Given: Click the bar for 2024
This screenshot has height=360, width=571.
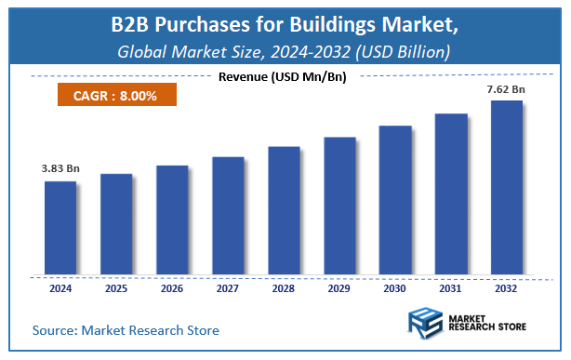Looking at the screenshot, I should (60, 228).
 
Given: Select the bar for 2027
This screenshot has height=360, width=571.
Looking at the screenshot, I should (228, 216).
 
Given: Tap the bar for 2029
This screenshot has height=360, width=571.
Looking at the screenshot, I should (339, 206).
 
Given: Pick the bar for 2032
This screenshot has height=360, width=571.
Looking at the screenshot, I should (506, 188).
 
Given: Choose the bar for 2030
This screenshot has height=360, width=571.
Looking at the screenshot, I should (394, 200).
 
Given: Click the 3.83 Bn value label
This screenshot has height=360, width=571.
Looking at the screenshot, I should (60, 168).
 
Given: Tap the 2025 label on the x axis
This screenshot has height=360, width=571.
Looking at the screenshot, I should (116, 289).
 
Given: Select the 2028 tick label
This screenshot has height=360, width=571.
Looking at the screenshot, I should (284, 289).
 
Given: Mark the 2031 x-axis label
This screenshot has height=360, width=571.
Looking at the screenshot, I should (450, 289).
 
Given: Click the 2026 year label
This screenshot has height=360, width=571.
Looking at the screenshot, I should (172, 289).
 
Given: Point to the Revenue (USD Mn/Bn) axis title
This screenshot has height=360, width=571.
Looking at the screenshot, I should (283, 76).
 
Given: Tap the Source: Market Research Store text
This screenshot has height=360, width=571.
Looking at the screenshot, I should (126, 330).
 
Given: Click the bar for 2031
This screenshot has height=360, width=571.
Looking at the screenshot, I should (450, 194).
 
